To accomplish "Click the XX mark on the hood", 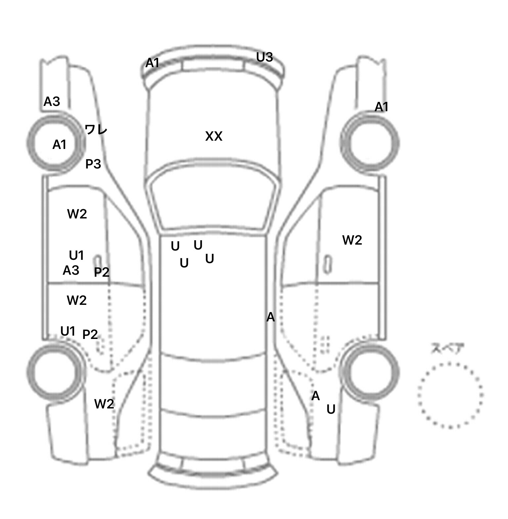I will pyautogui.click(x=214, y=136).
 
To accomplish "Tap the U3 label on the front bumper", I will pyautogui.click(x=265, y=57).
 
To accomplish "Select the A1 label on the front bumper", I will pyautogui.click(x=153, y=63).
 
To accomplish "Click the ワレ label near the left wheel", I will pyautogui.click(x=96, y=129).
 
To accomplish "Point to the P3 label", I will pyautogui.click(x=93, y=164).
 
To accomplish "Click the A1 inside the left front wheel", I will pyautogui.click(x=60, y=145).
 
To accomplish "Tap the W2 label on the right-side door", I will pyautogui.click(x=352, y=240).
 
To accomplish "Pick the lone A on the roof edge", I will pyautogui.click(x=271, y=317).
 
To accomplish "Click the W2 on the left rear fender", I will pyautogui.click(x=104, y=404).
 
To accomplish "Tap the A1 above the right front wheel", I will pyautogui.click(x=381, y=107).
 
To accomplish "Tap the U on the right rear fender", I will pyautogui.click(x=331, y=410).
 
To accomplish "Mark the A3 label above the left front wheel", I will pyautogui.click(x=52, y=102).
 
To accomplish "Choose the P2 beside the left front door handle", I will pyautogui.click(x=102, y=272).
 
